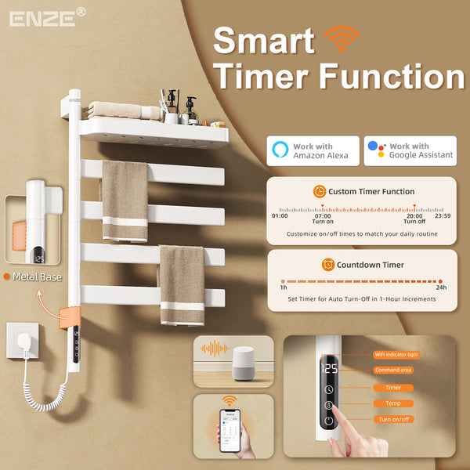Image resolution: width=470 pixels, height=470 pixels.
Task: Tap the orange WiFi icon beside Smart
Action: click(342, 38)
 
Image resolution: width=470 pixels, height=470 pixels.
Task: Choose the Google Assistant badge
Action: click(410, 151)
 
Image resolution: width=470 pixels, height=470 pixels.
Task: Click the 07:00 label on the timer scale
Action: click(323, 215)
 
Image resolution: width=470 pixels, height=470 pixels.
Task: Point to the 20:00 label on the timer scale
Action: click(414, 215)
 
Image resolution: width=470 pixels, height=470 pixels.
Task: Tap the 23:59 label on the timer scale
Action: click(443, 215)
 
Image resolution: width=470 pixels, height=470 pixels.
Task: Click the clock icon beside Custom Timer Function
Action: click(320, 192)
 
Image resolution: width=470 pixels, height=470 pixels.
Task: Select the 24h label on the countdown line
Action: click(441, 288)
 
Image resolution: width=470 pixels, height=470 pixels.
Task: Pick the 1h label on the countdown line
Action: click(283, 288)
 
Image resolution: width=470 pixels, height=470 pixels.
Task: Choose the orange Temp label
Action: click(393, 403)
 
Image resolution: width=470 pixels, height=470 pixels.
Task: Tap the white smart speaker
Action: click(247, 363)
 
